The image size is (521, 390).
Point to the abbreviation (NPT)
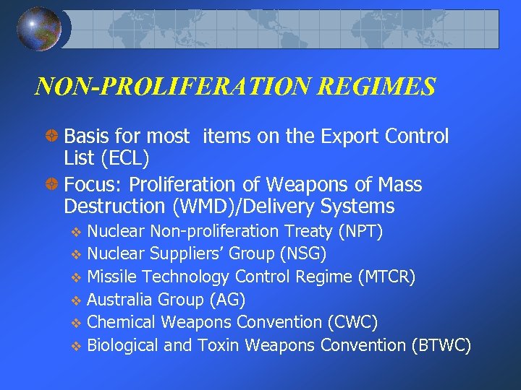click(360, 231)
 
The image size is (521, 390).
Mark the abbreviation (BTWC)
click(441, 345)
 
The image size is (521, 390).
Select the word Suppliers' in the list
click(181, 254)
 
